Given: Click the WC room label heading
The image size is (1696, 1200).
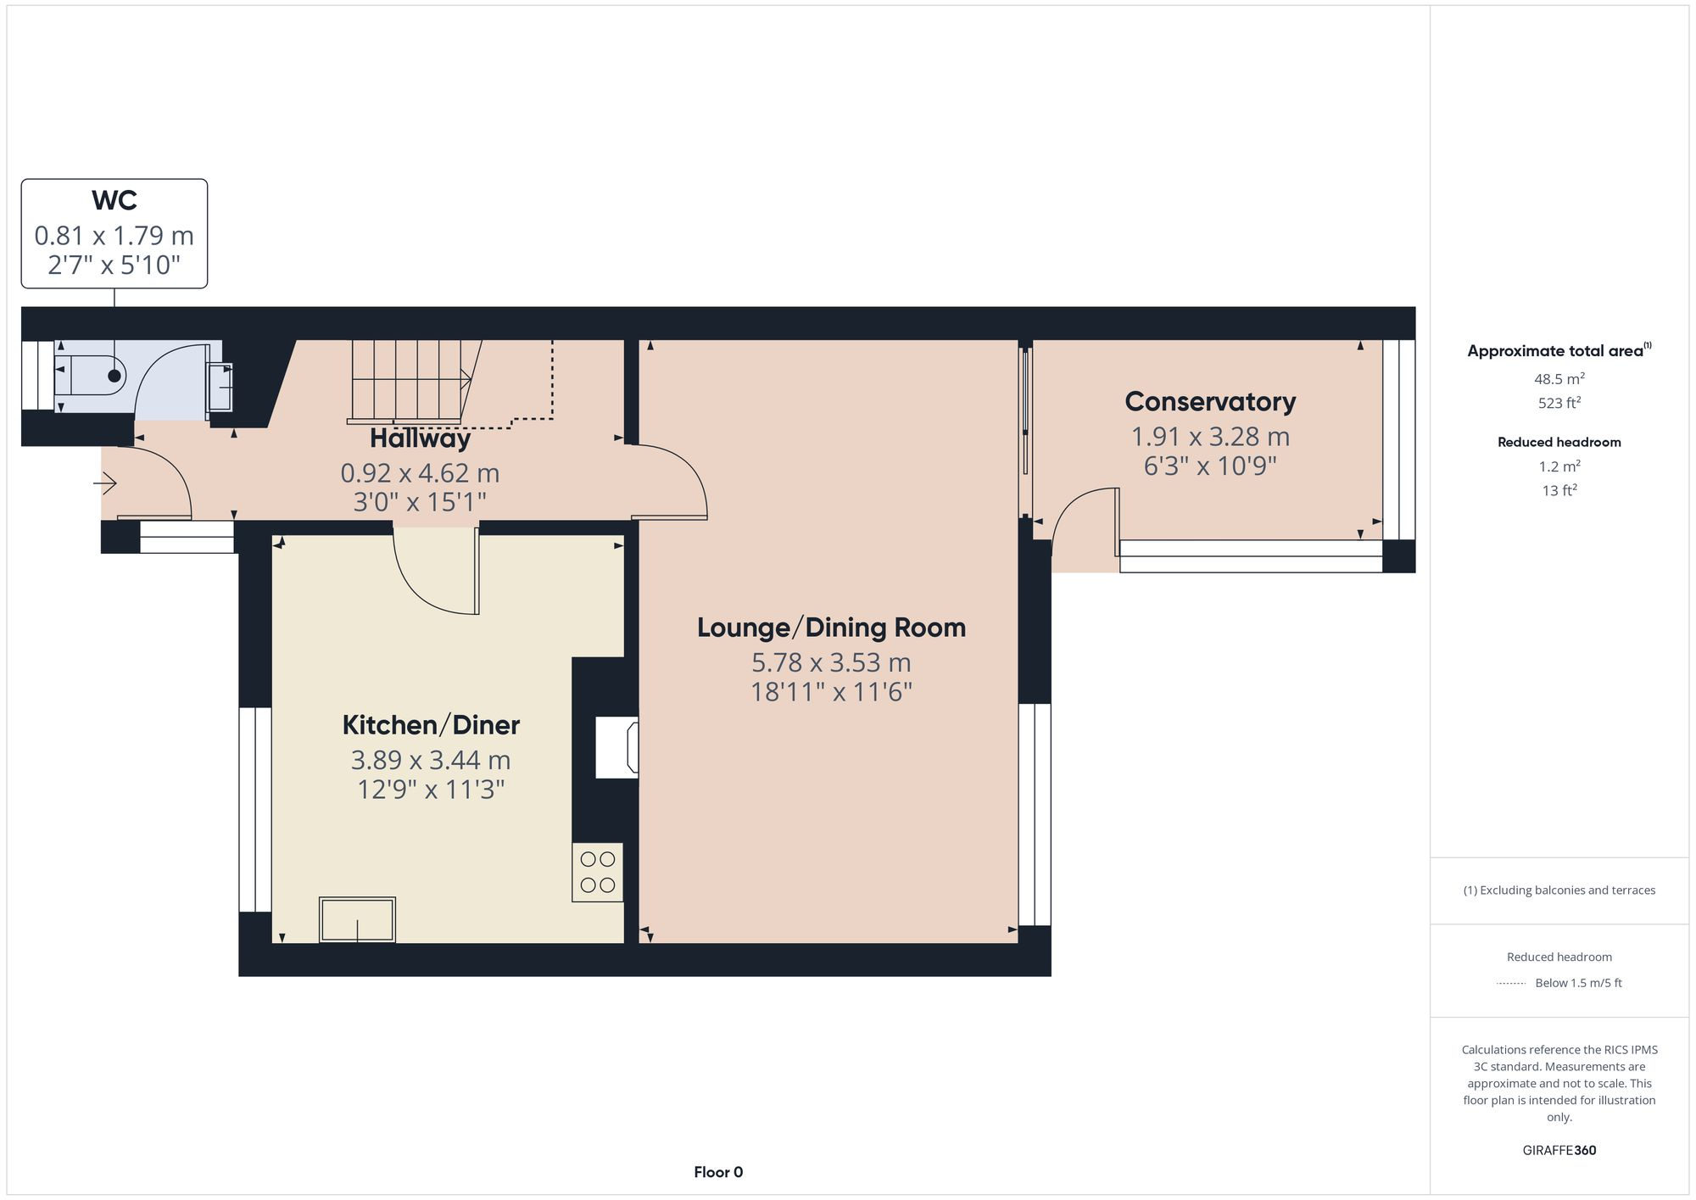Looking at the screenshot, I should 114,201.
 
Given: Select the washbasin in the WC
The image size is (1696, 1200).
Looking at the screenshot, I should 221,387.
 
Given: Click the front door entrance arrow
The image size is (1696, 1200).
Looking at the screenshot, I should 105,484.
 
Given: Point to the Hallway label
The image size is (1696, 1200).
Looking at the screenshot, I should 420,439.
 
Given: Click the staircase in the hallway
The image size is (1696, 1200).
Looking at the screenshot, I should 407,382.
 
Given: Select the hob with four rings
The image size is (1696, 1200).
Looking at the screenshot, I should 598,872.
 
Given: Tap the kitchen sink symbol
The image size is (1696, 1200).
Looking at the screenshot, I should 357,919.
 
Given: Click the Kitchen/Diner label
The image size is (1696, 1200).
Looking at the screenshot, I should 431,725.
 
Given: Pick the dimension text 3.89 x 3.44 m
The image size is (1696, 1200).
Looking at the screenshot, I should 431,760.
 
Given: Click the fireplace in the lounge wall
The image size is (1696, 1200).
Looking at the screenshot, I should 616,747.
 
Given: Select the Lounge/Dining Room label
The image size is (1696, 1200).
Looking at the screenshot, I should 831,628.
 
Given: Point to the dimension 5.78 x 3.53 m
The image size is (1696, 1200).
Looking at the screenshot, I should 831,662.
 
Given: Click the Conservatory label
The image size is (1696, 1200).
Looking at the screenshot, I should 1210,402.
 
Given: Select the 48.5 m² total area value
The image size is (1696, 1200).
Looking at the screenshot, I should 1559,379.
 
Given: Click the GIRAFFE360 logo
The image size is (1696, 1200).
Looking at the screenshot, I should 1559,1151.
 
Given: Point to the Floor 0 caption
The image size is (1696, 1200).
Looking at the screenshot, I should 718,1172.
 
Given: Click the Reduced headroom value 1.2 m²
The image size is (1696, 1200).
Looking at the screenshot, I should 1559,466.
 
